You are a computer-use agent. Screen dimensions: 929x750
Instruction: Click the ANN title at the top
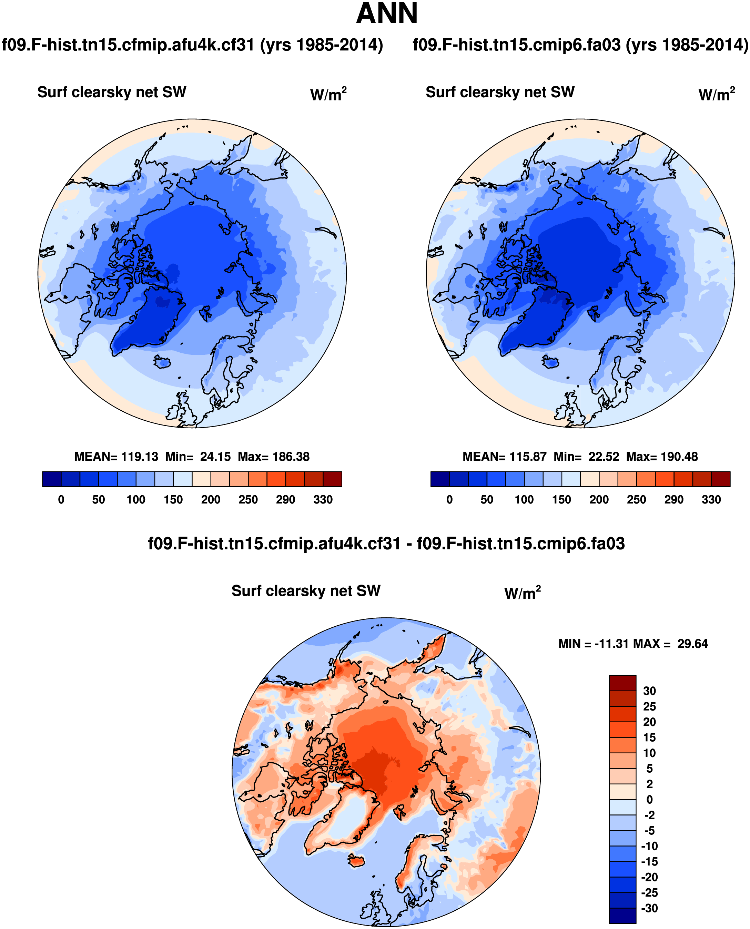pyautogui.click(x=387, y=14)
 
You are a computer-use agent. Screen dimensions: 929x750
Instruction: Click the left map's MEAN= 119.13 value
pyautogui.click(x=116, y=457)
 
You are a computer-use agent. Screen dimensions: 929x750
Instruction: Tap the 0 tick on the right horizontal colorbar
pyautogui.click(x=449, y=500)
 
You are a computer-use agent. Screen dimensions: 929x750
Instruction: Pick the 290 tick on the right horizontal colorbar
pyautogui.click(x=673, y=500)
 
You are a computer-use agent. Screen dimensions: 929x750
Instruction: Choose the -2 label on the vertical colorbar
pyautogui.click(x=649, y=815)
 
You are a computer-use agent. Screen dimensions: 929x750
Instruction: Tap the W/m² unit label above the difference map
pyautogui.click(x=522, y=593)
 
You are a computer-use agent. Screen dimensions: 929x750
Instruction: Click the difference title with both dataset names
pyautogui.click(x=386, y=544)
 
